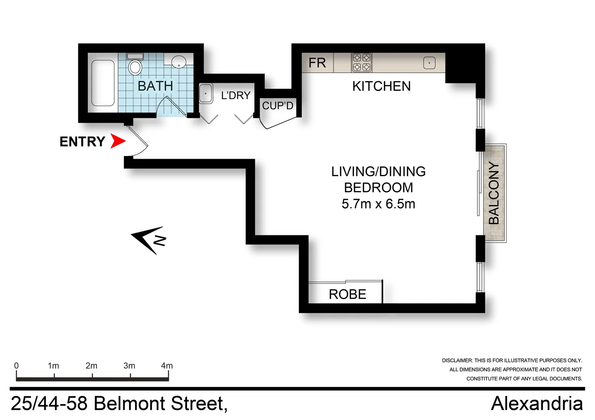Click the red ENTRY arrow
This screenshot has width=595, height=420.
[117, 141]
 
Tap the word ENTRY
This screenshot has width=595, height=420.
[82, 142]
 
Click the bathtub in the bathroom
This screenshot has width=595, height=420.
[103, 83]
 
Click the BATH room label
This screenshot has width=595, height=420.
[155, 86]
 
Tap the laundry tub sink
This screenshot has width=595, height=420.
[206, 93]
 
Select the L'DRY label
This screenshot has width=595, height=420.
[236, 95]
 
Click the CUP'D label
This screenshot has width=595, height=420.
[277, 105]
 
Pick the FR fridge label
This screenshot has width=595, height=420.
[317, 63]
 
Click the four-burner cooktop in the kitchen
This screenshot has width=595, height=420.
[362, 63]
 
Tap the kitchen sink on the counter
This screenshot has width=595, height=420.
[429, 63]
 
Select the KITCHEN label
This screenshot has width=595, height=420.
[381, 86]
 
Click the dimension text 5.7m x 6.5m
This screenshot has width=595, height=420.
[378, 204]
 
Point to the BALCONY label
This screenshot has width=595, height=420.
[494, 193]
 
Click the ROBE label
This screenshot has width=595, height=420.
[347, 294]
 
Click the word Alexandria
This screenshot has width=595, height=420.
[537, 403]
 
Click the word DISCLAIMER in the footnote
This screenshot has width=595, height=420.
[457, 360]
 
